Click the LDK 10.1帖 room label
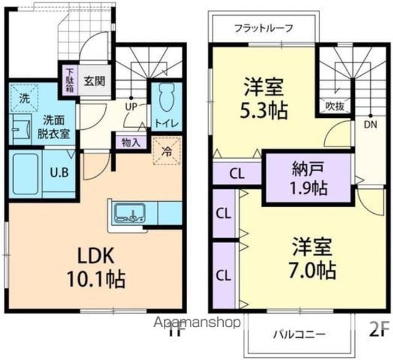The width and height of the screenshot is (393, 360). (96, 267)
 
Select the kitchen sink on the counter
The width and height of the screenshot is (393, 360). (130, 213)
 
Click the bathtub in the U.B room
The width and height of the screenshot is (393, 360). (26, 174)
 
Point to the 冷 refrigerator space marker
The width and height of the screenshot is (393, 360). (167, 151)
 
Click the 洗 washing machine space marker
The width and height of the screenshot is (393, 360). (25, 98)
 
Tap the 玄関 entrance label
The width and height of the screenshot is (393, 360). (94, 81)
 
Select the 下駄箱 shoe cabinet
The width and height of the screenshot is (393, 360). (70, 80)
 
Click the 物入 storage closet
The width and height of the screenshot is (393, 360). (130, 143)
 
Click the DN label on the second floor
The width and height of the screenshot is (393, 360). (371, 125)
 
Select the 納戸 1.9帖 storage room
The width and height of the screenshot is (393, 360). (309, 178)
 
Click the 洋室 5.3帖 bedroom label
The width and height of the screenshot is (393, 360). (264, 99)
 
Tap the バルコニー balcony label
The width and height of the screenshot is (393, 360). (299, 334)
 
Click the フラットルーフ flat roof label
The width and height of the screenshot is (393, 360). (264, 28)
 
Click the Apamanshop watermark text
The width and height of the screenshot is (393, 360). (197, 323)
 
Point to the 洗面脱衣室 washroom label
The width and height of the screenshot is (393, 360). (53, 127)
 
